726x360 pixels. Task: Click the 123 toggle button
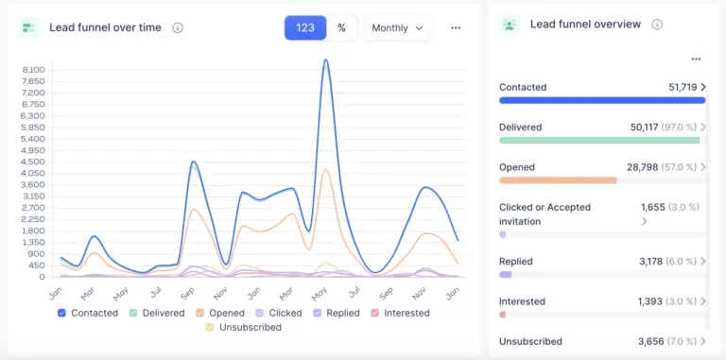pyautogui.click(x=305, y=28)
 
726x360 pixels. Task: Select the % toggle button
pyautogui.click(x=341, y=28)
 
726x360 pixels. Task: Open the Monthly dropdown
pyautogui.click(x=397, y=28)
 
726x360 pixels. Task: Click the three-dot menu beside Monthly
pyautogui.click(x=456, y=28)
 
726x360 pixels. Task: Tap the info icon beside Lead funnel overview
pyautogui.click(x=657, y=25)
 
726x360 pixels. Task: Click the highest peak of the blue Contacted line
pyautogui.click(x=326, y=60)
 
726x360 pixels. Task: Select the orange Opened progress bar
pyautogui.click(x=558, y=180)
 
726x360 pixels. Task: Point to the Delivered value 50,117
pyautogui.click(x=649, y=128)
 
